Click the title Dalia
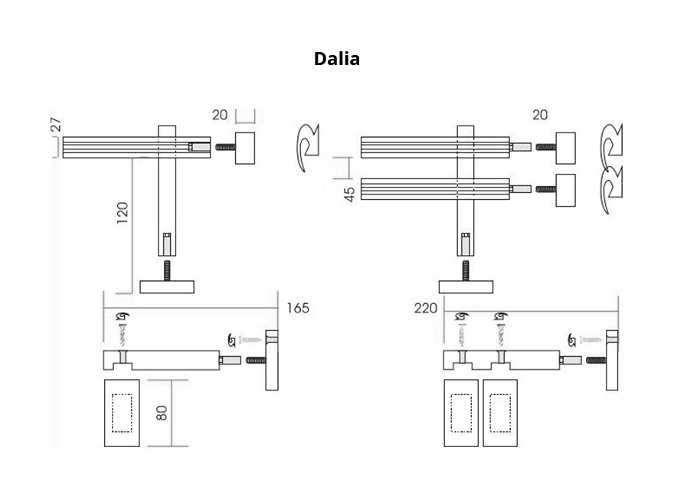click(x=336, y=59)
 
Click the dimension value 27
click(x=56, y=125)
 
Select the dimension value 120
click(x=123, y=214)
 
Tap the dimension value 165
click(x=298, y=308)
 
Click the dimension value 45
click(x=349, y=193)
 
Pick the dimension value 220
click(x=425, y=308)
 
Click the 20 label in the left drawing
click(x=220, y=116)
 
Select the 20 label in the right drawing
click(x=539, y=115)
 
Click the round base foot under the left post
click(x=167, y=287)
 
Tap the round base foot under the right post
click(x=466, y=287)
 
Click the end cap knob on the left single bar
click(x=245, y=147)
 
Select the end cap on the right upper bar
click(x=565, y=146)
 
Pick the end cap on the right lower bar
click(x=565, y=189)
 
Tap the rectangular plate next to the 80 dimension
click(x=122, y=412)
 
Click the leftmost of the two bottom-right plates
click(x=461, y=412)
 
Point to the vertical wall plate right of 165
click(x=272, y=360)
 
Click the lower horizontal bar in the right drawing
click(x=435, y=188)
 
